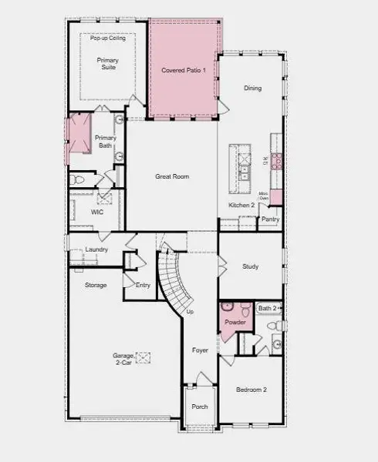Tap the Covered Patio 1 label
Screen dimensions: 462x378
183,71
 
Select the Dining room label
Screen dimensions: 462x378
252,88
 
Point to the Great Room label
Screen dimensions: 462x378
172,176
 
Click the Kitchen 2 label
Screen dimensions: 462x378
241,205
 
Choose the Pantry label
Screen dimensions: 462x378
270,219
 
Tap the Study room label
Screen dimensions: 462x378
250,266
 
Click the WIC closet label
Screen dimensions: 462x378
97,211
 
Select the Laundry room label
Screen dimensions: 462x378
96,249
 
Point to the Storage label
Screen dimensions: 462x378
96,285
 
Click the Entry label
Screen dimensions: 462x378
143,285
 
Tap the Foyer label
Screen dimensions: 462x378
201,350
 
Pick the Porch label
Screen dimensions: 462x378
200,407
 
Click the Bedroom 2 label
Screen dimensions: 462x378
251,390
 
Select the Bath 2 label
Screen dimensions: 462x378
268,308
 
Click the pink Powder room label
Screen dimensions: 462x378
235,322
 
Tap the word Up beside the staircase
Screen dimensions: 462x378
191,312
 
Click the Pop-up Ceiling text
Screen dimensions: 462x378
108,38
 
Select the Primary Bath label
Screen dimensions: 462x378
106,141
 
